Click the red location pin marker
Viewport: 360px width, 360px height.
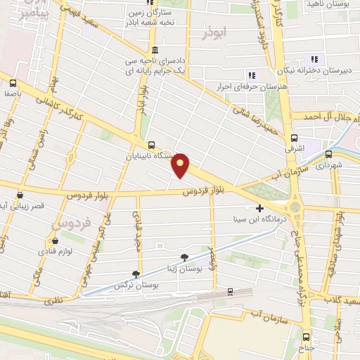[181, 166]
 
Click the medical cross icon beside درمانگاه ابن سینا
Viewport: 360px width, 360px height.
[259, 209]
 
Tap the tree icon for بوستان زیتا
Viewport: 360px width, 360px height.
[184, 257]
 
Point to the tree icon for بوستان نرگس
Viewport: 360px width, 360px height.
[136, 274]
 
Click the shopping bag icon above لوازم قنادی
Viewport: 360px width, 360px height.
[54, 240]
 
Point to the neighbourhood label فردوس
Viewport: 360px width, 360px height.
[70, 224]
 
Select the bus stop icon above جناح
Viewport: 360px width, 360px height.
[307, 337]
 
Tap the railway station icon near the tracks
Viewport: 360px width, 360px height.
[229, 291]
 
